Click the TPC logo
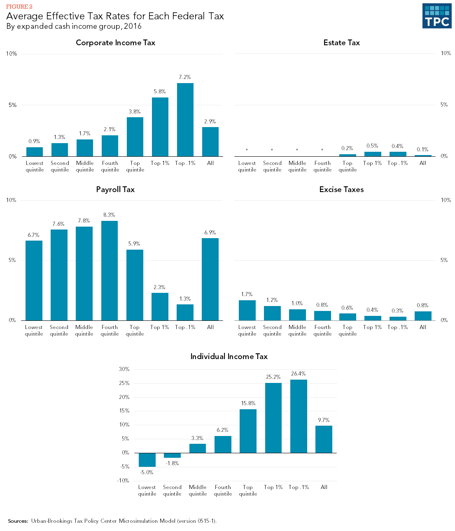[x=437, y=16]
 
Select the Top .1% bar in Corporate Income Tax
[x=185, y=120]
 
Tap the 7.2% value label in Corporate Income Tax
[x=185, y=77]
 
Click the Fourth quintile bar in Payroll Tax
[x=110, y=271]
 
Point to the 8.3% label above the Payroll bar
[x=109, y=215]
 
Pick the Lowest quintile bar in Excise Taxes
[x=247, y=310]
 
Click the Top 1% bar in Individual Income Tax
[x=273, y=418]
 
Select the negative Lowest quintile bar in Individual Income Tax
[x=147, y=460]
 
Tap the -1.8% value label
[x=172, y=463]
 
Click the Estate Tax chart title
[x=341, y=43]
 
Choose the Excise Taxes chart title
[x=341, y=190]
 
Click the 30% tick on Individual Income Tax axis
[x=124, y=369]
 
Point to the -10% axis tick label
[x=123, y=480]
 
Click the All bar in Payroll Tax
[x=210, y=279]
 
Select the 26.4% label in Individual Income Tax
[x=299, y=374]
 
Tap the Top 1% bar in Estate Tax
[x=373, y=154]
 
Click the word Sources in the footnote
[x=18, y=521]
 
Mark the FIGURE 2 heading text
[x=19, y=7]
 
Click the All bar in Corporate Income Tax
[x=210, y=141]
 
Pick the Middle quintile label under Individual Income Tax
[x=198, y=490]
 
